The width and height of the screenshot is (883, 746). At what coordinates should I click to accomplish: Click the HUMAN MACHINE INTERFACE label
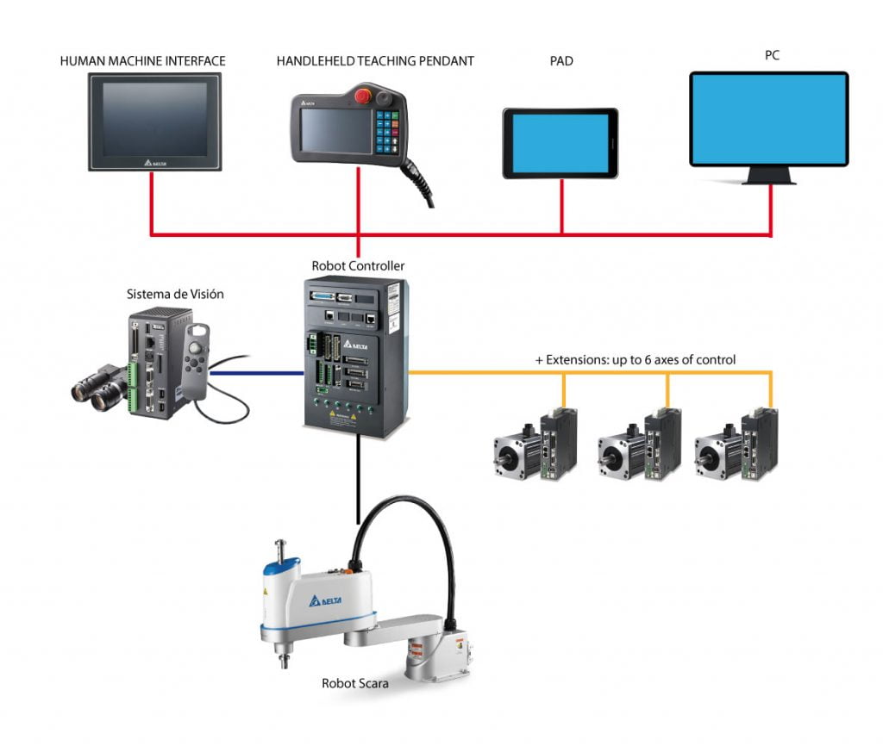coord(143,61)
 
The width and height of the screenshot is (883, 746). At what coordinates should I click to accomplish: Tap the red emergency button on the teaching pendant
coord(362,96)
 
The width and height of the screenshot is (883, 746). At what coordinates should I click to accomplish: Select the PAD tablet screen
coord(560,143)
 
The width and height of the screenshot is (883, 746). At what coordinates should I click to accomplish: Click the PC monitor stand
coord(770,175)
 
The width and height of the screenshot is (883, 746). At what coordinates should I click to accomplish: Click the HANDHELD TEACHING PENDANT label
coord(375,61)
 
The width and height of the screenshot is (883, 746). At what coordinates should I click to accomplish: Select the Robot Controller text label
coord(358,266)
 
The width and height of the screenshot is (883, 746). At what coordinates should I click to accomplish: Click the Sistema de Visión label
coord(175,294)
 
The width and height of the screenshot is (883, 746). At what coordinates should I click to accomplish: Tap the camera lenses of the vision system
coord(97,389)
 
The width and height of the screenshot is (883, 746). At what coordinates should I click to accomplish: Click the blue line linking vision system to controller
coord(259,373)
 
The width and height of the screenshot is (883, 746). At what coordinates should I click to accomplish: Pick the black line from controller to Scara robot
coord(357,479)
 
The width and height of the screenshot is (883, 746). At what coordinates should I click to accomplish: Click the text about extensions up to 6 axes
coord(636,359)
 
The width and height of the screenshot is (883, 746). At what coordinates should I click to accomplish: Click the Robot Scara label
coord(354,684)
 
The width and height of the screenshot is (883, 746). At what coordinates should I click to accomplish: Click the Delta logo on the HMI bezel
coord(153,161)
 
